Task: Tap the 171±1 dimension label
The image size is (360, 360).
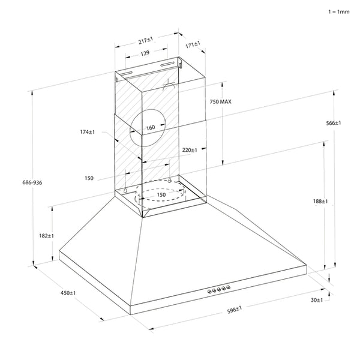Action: point(193,44)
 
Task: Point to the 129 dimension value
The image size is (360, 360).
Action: point(145,53)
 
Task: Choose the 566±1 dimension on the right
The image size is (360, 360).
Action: point(334,122)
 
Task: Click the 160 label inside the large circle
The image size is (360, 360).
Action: point(150,127)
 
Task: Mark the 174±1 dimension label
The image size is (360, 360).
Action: point(88,131)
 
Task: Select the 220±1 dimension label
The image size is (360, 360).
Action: point(190,150)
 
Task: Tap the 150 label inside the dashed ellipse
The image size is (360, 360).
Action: point(161,195)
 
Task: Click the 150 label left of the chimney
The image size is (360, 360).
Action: point(89,178)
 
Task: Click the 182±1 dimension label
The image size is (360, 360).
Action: point(46,236)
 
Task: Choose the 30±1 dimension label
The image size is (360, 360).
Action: point(317,299)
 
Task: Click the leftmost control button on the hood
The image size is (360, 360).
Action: point(210,291)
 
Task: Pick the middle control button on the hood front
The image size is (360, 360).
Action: point(219,290)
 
